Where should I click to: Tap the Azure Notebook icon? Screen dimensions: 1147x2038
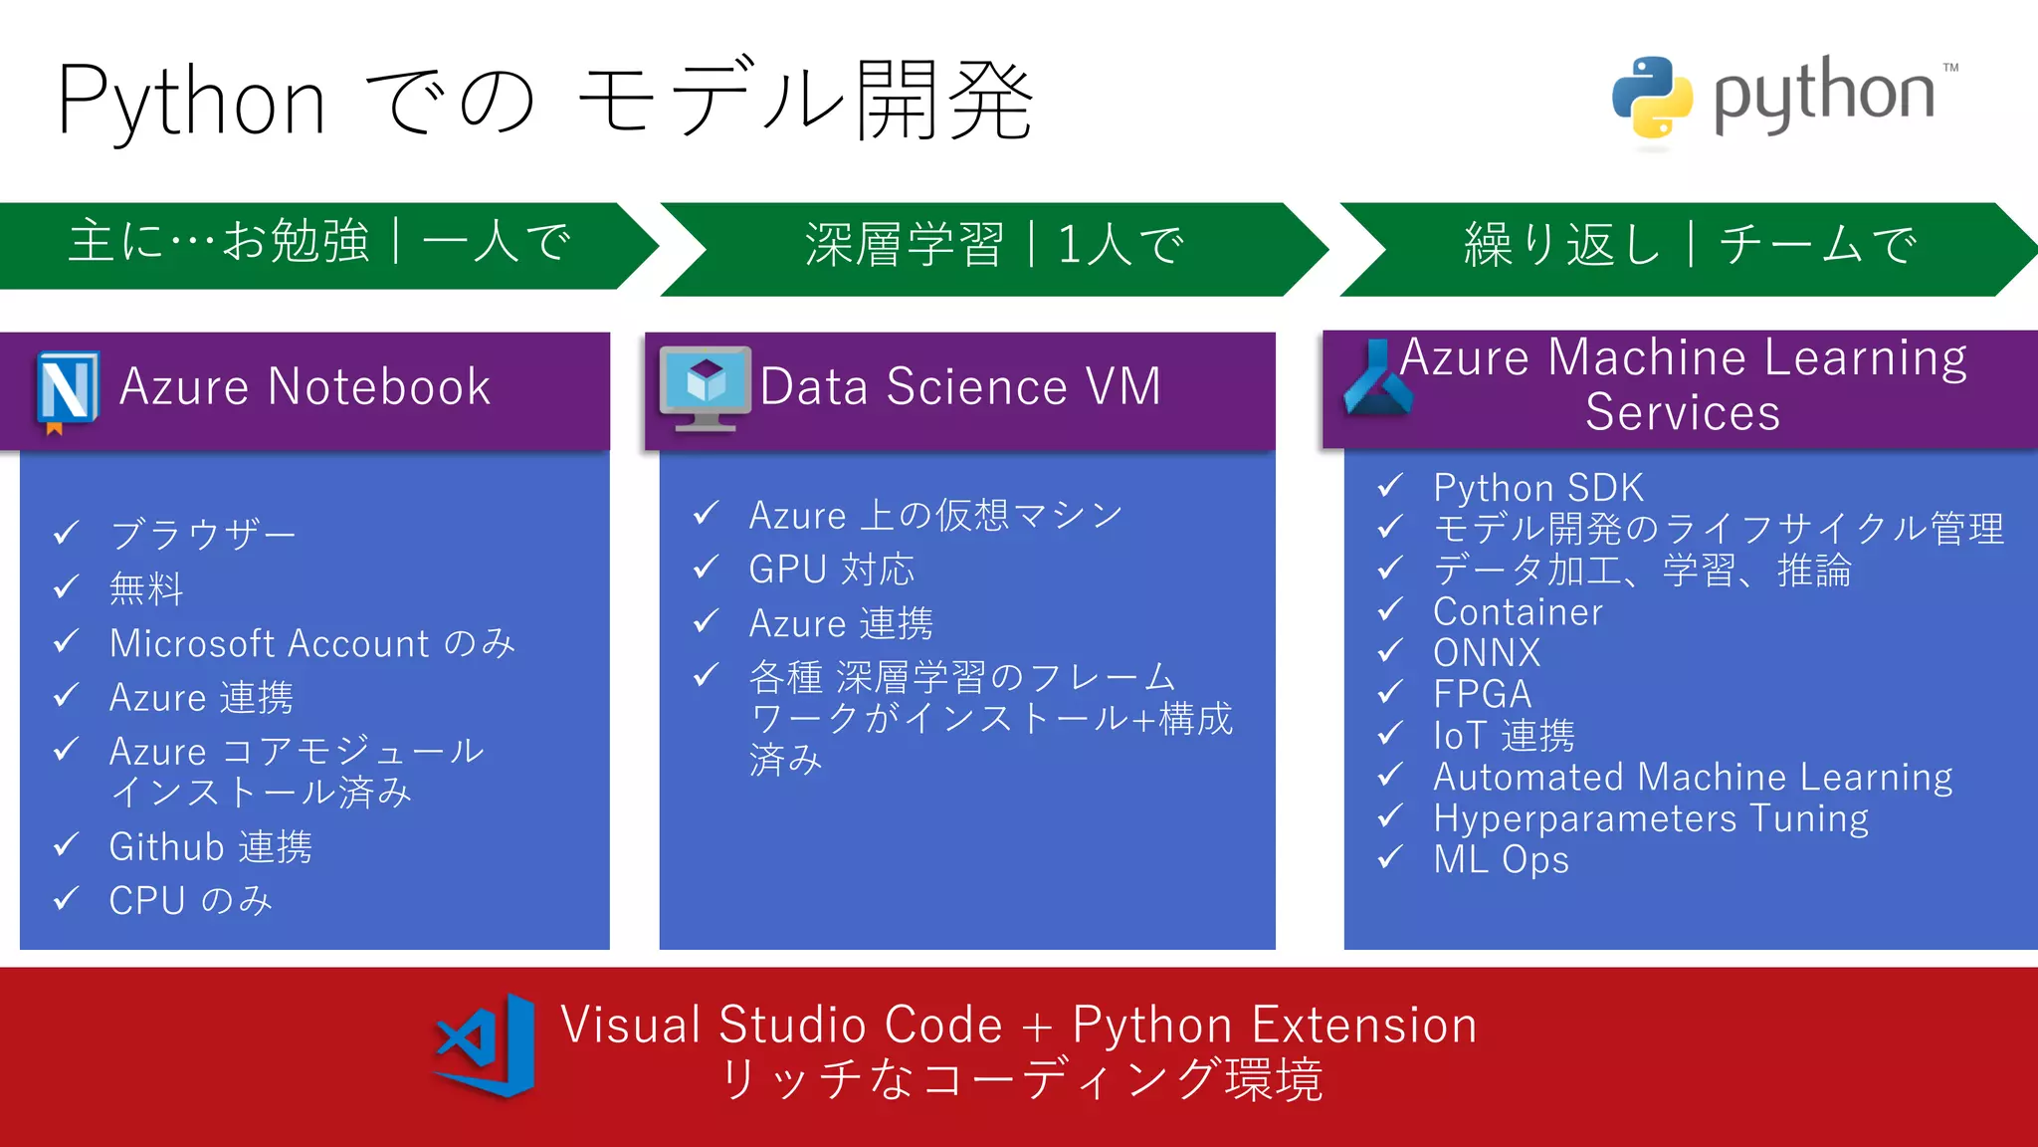[68, 390]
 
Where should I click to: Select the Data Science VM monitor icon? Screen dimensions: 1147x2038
[706, 386]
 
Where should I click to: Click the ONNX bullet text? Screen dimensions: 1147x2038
[1486, 653]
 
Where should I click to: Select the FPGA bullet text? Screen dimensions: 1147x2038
[1482, 694]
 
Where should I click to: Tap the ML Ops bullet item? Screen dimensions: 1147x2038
[1501, 859]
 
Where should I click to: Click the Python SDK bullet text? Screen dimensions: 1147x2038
[1537, 488]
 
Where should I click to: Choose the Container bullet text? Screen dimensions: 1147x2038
[1518, 611]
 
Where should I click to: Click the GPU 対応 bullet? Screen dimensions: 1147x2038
[831, 570]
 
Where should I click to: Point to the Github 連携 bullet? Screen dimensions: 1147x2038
[210, 847]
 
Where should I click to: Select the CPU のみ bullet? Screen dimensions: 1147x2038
[190, 901]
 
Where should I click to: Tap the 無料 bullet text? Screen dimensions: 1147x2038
[146, 589]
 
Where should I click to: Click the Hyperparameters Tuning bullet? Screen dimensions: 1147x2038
[1650, 818]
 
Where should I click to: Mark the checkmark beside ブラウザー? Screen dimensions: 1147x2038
[66, 534]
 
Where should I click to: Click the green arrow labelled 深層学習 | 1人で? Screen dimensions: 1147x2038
[993, 247]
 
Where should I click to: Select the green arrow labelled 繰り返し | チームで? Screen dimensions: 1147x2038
[1689, 247]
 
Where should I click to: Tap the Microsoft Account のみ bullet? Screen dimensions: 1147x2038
[312, 644]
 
